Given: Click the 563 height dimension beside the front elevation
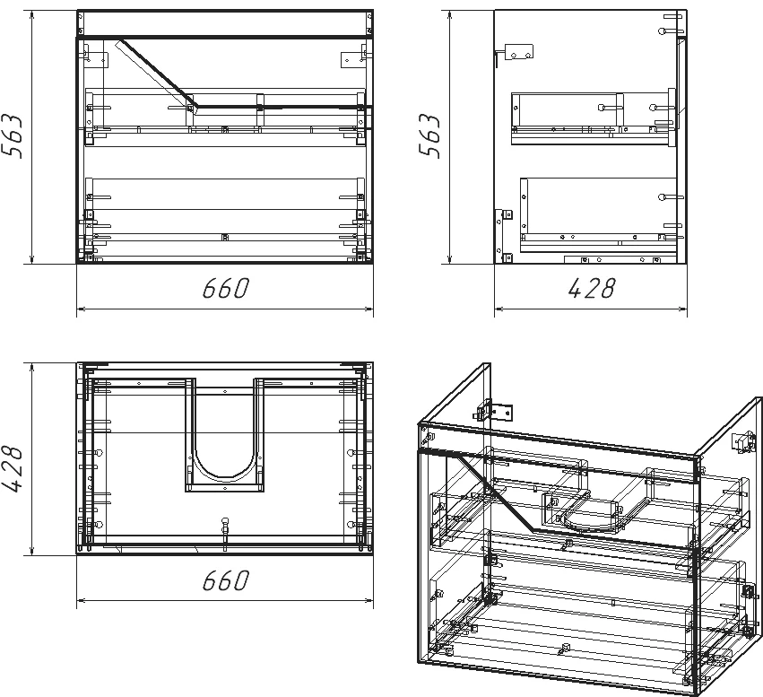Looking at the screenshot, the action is point(13,135).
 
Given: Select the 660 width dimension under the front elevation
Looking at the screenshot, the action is point(226,288).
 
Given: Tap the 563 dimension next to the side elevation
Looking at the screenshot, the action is point(429,135).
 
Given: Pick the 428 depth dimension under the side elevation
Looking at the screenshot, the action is point(592,288).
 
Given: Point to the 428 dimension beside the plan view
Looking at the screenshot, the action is point(13,469).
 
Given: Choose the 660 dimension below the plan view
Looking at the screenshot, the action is point(226,580).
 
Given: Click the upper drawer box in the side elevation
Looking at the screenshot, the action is point(594,118).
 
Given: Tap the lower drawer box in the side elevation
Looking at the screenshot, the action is point(599,214).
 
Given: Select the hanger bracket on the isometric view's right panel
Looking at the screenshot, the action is point(742,442).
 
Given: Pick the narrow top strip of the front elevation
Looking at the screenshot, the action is point(225,22).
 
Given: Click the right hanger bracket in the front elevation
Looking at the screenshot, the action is point(353,57).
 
